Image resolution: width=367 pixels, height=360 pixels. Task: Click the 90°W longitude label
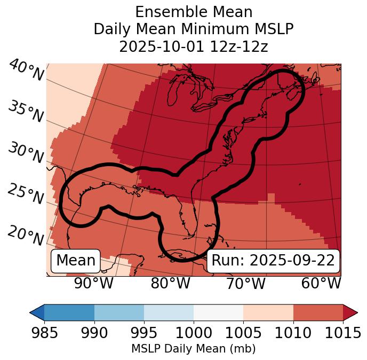(94, 283)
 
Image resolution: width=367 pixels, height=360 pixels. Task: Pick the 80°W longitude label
(170, 283)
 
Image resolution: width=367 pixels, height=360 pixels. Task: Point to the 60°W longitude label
(321, 283)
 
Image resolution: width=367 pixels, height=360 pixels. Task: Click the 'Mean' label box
(76, 261)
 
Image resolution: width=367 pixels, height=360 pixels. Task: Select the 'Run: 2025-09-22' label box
(273, 261)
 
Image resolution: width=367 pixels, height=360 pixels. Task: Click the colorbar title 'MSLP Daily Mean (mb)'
(194, 349)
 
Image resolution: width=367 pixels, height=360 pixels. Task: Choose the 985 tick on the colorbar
(44, 333)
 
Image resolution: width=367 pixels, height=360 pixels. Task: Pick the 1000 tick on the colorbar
(194, 333)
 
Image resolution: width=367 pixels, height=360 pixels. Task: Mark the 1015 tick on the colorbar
(342, 333)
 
